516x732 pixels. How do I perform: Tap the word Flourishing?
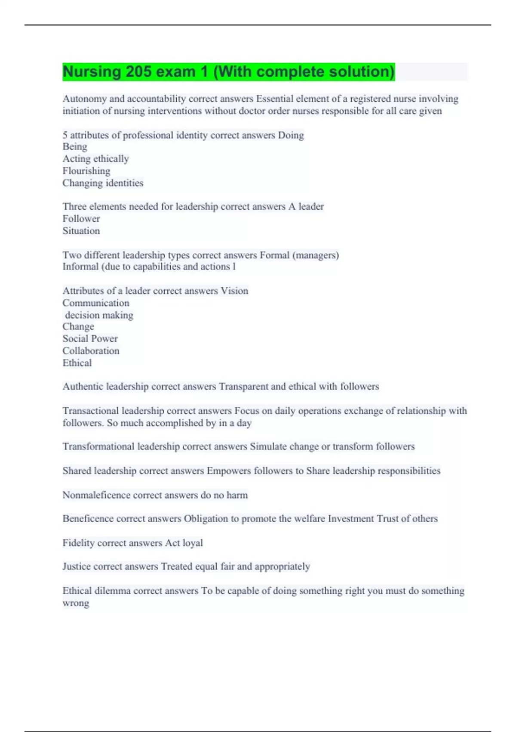pos(86,171)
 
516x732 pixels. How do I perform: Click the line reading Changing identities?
pos(103,183)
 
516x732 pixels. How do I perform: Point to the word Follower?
pos(81,219)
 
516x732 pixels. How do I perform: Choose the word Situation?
pos(81,231)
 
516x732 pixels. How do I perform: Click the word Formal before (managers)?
pos(274,255)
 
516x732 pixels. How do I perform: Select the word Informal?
pos(80,267)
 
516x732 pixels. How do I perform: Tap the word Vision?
pos(234,291)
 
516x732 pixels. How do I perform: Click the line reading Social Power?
pos(90,339)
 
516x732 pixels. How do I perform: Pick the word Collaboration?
pos(91,351)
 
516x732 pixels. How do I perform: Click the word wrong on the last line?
pos(76,603)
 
